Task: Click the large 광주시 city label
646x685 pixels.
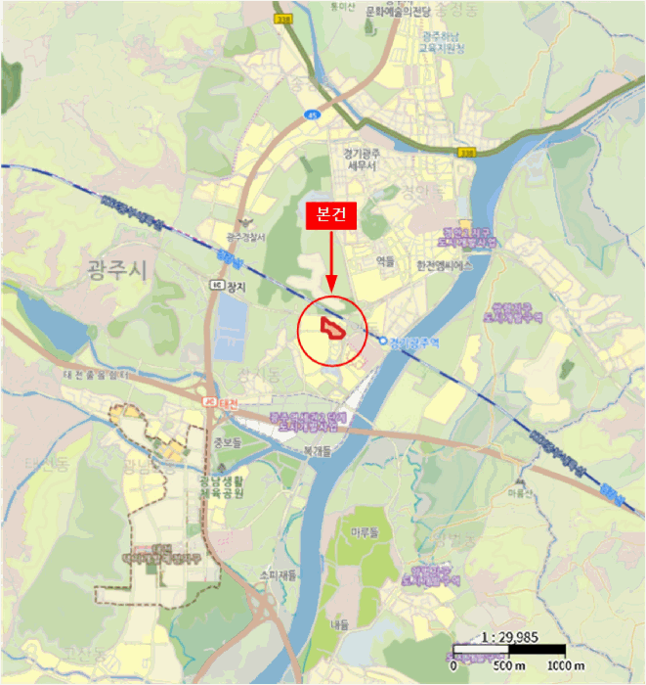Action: coord(114,270)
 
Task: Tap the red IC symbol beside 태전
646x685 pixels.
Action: coord(208,403)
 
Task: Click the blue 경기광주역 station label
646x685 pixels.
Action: coord(410,342)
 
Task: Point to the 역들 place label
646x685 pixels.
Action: coord(384,261)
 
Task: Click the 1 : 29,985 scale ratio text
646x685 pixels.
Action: coord(509,636)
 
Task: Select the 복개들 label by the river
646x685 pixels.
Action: coord(319,451)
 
